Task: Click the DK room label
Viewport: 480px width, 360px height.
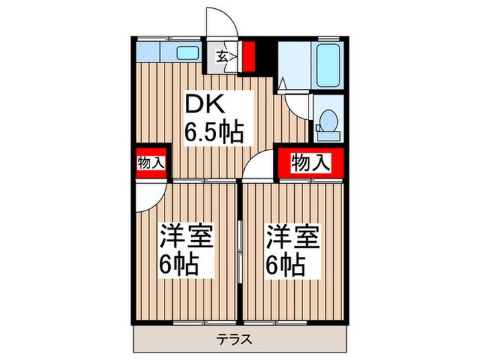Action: (x=202, y=104)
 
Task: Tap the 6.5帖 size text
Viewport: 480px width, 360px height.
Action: (x=214, y=131)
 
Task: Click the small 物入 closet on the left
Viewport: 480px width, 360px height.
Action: (x=151, y=163)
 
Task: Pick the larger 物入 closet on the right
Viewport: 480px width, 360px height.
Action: (x=311, y=163)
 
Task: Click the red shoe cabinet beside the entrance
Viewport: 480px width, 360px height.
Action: (x=248, y=56)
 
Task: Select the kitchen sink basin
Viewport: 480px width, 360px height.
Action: (x=187, y=52)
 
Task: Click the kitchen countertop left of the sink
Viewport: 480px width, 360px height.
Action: (x=154, y=52)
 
